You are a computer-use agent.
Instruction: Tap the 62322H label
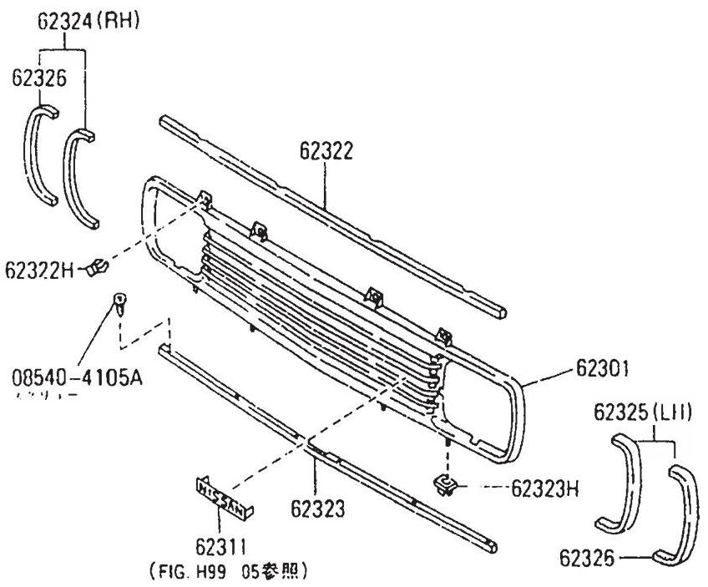click(41, 270)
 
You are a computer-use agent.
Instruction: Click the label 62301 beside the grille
click(601, 367)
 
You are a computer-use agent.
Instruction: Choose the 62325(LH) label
click(643, 412)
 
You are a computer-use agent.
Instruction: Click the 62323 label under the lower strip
click(315, 506)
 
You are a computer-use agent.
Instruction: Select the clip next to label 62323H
click(447, 483)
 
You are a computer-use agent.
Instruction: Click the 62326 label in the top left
click(39, 78)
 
